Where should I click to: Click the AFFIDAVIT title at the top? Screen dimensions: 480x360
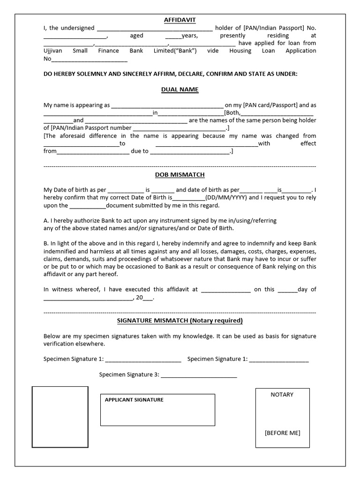[180, 20]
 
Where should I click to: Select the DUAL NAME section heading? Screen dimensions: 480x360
[180, 90]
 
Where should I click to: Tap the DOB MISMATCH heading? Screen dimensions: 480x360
[180, 175]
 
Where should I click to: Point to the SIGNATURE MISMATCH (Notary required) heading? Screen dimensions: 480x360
[180, 321]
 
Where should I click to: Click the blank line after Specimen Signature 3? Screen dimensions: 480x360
[199, 376]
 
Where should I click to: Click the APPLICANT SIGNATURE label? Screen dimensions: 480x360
[134, 400]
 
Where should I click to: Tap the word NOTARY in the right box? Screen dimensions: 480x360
[282, 395]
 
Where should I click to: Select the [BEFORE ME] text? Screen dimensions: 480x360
[282, 433]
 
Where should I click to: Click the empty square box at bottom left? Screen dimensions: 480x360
[60, 417]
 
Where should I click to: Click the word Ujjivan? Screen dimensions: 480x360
[53, 51]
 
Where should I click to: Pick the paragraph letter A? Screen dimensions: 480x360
[45, 220]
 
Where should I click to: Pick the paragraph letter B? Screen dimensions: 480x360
[45, 243]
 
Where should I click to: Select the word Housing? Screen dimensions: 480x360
[240, 51]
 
